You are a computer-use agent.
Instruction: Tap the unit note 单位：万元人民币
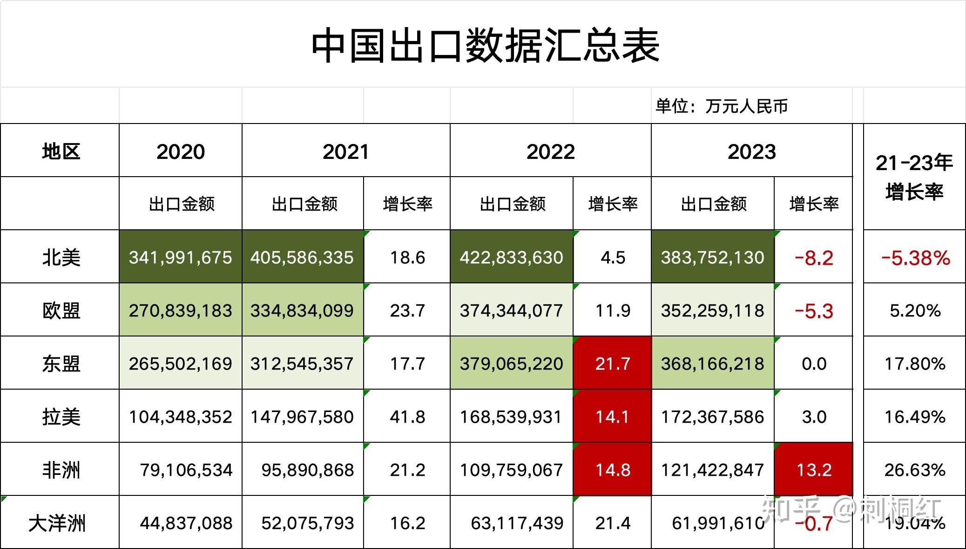pyautogui.click(x=721, y=106)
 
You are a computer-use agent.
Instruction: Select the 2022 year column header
pyautogui.click(x=550, y=151)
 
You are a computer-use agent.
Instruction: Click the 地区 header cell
pyautogui.click(x=61, y=151)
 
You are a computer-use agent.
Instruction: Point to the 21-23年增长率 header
pyautogui.click(x=914, y=177)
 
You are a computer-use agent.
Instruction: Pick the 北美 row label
pyautogui.click(x=61, y=257)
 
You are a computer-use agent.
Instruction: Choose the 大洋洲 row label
pyautogui.click(x=57, y=523)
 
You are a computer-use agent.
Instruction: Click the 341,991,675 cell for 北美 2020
pyautogui.click(x=180, y=257)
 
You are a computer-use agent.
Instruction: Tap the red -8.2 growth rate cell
pyautogui.click(x=814, y=258)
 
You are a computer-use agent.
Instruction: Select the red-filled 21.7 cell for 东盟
pyautogui.click(x=612, y=364)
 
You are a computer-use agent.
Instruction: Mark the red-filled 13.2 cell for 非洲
pyautogui.click(x=814, y=470)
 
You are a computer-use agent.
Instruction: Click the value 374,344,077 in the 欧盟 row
pyautogui.click(x=511, y=310)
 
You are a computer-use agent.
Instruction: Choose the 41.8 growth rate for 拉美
pyautogui.click(x=407, y=417)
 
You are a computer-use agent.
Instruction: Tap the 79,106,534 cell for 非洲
pyautogui.click(x=186, y=470)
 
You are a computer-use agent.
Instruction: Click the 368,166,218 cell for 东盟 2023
pyautogui.click(x=712, y=364)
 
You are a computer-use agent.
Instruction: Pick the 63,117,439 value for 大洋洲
pyautogui.click(x=517, y=523)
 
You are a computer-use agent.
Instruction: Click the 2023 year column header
pyautogui.click(x=751, y=151)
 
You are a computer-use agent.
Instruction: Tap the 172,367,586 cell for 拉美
pyautogui.click(x=712, y=417)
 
